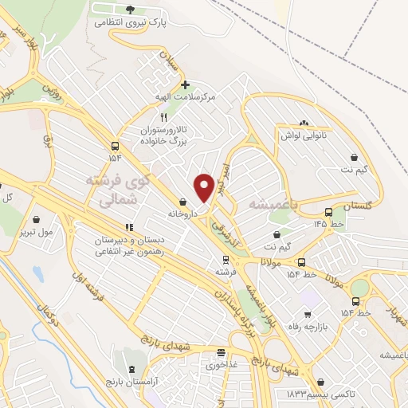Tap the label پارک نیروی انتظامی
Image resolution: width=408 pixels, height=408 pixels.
coord(131,23)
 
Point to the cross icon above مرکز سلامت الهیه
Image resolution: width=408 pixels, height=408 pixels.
coord(185,84)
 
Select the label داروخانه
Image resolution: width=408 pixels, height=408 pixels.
coord(183,214)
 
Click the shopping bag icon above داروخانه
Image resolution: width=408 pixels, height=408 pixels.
coord(184,202)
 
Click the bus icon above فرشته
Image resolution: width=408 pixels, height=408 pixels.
coord(226,259)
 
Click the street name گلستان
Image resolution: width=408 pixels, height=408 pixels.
coord(358,206)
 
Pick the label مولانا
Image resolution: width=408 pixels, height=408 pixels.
coord(276,263)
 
